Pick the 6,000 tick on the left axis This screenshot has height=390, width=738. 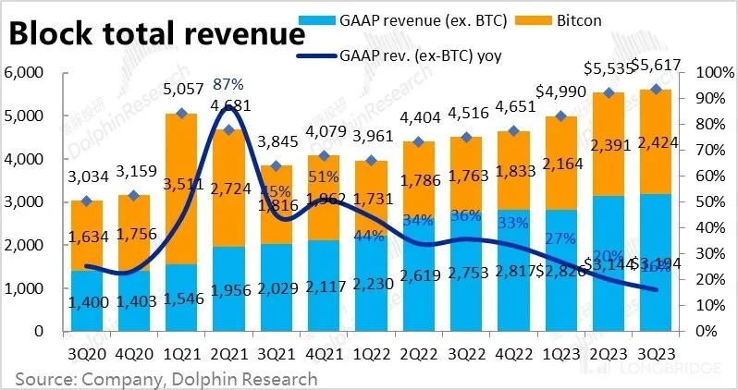[25, 73]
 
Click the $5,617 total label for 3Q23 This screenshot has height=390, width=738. [657, 68]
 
